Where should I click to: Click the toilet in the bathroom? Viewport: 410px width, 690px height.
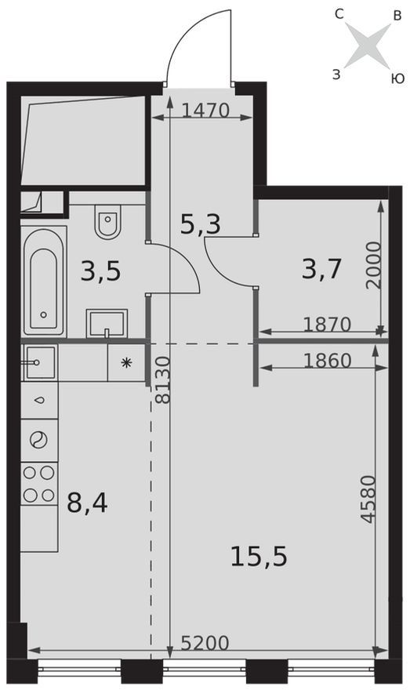pos(107,221)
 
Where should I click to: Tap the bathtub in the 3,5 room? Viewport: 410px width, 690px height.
pos(44,281)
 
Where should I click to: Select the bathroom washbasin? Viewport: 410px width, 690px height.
pos(107,323)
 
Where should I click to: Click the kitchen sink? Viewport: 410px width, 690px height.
pos(40,362)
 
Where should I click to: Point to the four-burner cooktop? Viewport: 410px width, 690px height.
pos(39,484)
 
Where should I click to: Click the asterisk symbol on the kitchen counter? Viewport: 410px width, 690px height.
pos(127,362)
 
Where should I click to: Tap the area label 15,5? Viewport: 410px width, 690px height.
pos(259,556)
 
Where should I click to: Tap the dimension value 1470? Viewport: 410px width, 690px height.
pos(205,111)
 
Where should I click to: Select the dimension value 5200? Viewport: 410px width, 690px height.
pos(205,644)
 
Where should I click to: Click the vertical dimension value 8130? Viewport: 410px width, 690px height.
pos(163,380)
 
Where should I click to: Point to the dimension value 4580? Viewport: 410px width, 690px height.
pos(368,499)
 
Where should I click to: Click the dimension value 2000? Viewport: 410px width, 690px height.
pos(373,264)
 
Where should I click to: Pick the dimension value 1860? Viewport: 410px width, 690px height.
pos(328,361)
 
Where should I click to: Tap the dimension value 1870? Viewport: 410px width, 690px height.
pos(328,325)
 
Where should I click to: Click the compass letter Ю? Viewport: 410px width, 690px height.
pos(397,78)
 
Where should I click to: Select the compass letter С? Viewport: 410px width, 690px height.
pos(339,15)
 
